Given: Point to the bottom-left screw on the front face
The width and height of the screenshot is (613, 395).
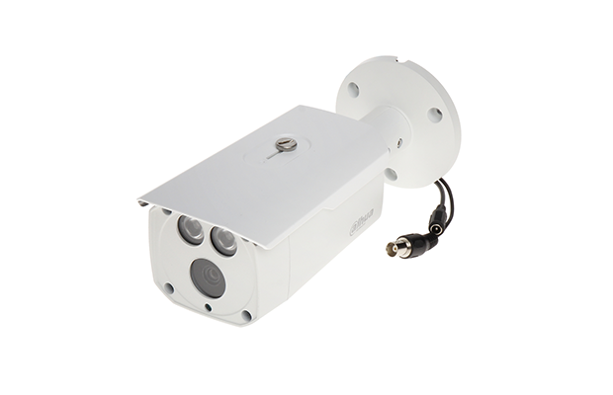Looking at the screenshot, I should coord(169,288).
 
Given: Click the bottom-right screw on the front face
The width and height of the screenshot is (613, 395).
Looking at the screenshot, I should coord(246,315).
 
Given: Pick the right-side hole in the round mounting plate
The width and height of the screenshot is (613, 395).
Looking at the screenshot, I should coord(434,115).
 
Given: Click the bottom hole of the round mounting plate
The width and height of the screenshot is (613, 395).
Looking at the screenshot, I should coord(392,174).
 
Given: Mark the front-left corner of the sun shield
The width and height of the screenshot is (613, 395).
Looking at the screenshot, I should coord(143,202).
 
